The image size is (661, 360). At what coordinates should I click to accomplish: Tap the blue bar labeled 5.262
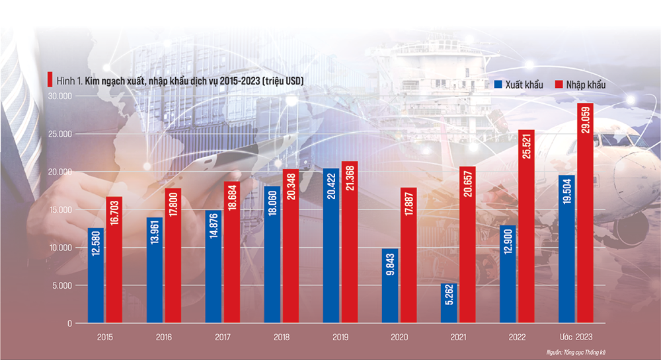448,303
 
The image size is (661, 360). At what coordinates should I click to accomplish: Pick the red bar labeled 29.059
585,213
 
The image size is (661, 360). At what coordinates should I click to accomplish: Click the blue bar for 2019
330,246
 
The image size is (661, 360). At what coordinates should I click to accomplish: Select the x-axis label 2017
223,338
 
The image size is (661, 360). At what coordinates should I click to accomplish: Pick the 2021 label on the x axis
457,338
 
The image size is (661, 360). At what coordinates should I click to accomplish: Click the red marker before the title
49,81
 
